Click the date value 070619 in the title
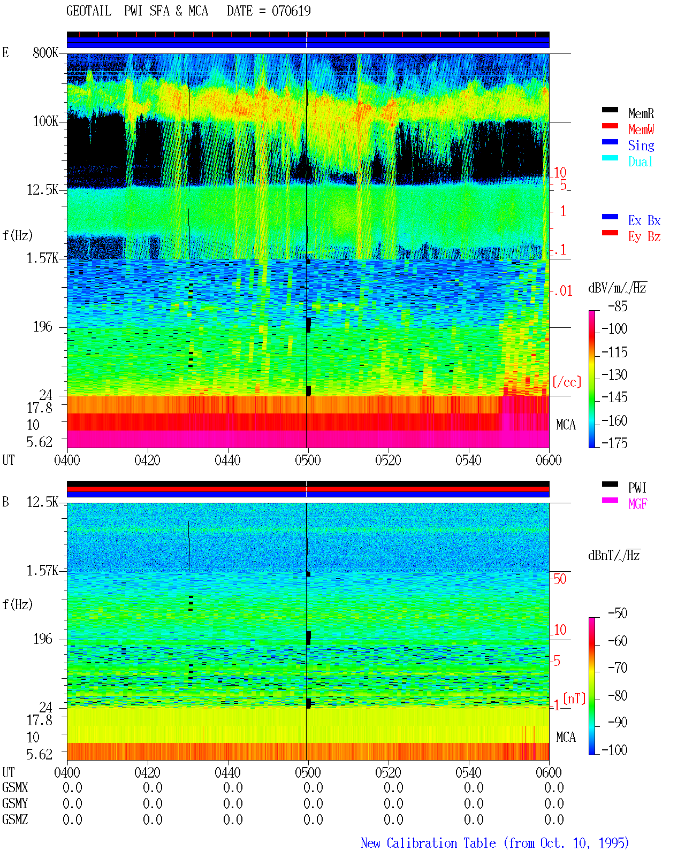pos(291,11)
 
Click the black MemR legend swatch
pos(610,110)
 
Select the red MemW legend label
pos(641,129)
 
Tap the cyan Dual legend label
pos(640,162)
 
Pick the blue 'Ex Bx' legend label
pos(644,220)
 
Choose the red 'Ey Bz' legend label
pos(644,237)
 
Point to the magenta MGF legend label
pos(637,504)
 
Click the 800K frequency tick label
pos(45,52)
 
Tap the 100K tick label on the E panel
pos(45,121)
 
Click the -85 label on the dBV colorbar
pos(618,306)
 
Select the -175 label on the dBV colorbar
pos(614,443)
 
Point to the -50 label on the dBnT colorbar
pos(618,613)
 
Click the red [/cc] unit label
pos(567,382)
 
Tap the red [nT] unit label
pos(574,699)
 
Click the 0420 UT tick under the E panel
pos(147,460)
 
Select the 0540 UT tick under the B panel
pos(468,772)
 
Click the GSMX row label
pos(15,787)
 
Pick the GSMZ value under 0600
pos(554,819)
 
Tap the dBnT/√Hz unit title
pos(614,556)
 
